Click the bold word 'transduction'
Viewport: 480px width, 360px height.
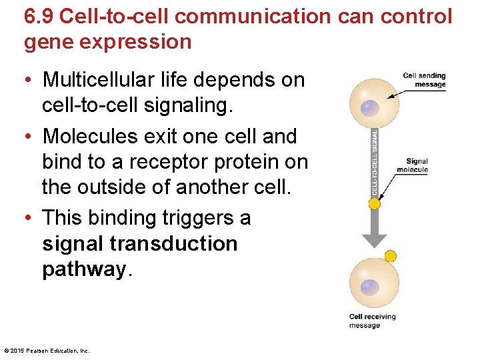tap(175, 243)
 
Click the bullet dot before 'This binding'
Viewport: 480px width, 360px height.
tap(31, 218)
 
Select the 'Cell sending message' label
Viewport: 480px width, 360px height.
tap(425, 80)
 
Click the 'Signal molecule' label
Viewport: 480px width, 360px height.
tap(417, 165)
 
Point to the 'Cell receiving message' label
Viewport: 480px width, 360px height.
tap(372, 321)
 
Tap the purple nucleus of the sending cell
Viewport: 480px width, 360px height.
tap(369, 108)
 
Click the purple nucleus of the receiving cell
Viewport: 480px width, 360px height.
tap(369, 287)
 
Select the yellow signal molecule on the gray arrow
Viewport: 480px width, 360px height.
tap(375, 204)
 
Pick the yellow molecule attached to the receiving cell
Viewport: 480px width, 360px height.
tap(391, 255)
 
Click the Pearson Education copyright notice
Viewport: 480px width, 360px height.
tap(47, 350)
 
